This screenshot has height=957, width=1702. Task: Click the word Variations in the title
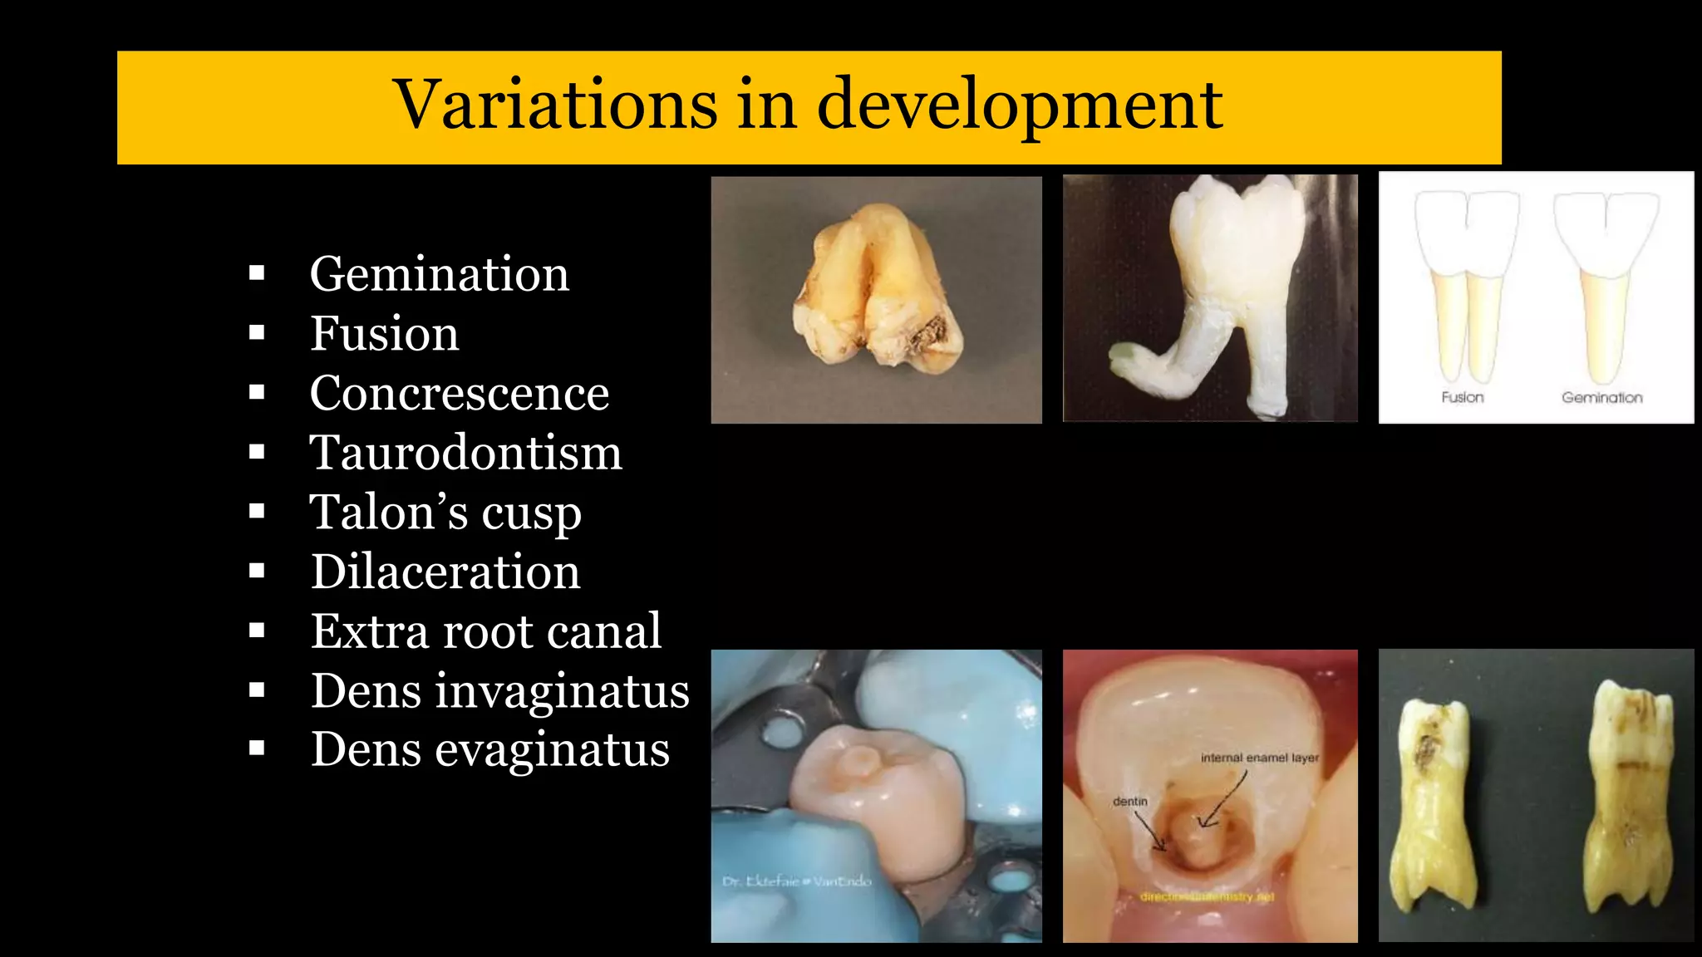coord(555,106)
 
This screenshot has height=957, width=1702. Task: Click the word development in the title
coord(1019,106)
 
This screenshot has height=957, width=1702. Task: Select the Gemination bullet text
coord(439,274)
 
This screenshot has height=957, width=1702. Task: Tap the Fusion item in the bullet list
coord(384,334)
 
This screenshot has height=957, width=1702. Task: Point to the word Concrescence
coord(459,393)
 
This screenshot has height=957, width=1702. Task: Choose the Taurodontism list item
coord(465,453)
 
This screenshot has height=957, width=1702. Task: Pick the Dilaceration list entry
coord(445,572)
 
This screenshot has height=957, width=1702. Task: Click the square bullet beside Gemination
coord(257,273)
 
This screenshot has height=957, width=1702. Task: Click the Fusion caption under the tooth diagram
coord(1462,397)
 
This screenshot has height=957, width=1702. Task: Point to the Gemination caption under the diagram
coord(1601,397)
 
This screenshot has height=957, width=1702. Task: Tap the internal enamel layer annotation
coord(1259,758)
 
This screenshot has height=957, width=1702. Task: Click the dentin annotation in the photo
coord(1129,802)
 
